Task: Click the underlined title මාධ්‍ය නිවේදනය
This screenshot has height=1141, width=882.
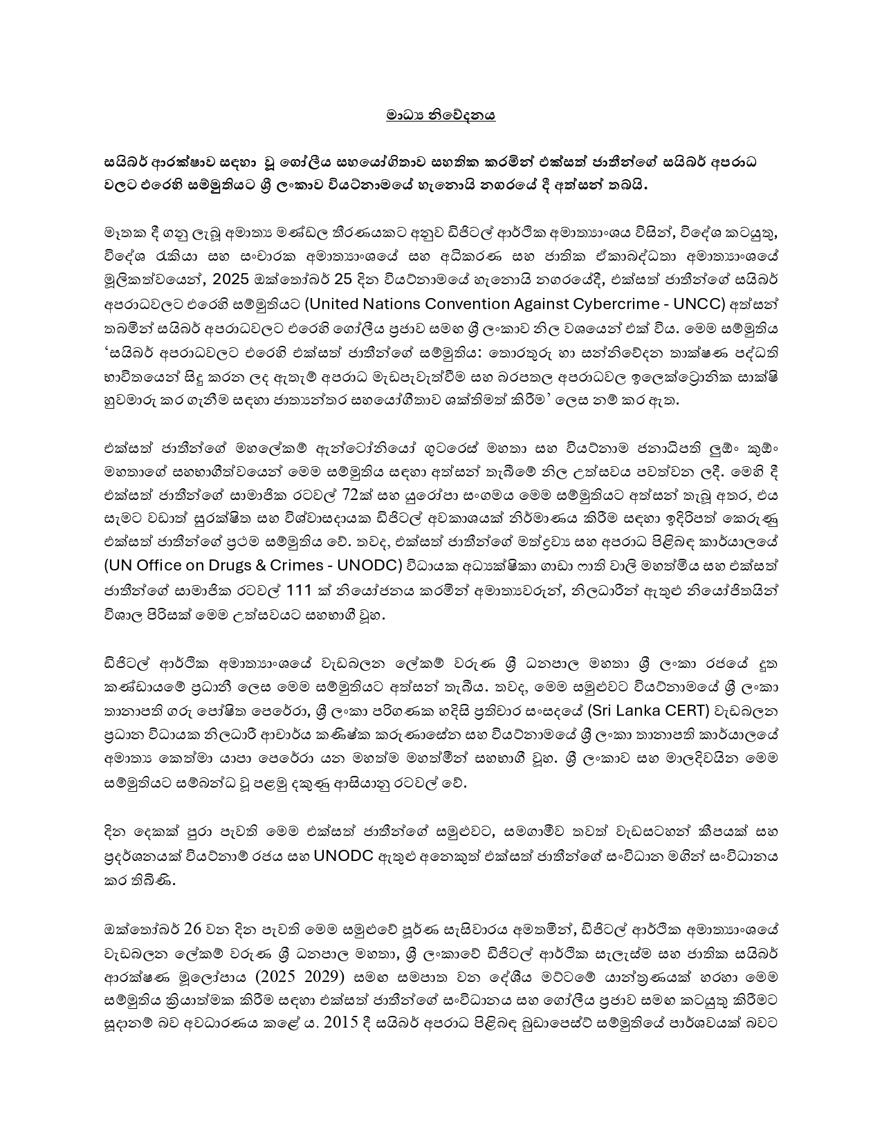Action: click(x=441, y=115)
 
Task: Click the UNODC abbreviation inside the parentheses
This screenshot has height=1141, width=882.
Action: click(x=369, y=565)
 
